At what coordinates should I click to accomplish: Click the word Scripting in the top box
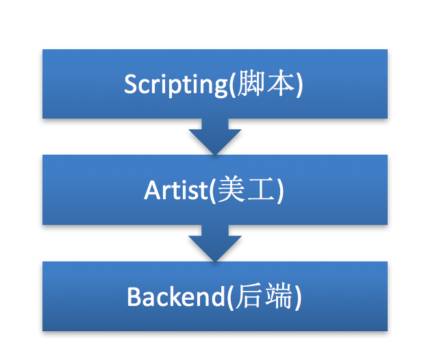click(176, 85)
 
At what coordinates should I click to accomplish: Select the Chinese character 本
click(280, 83)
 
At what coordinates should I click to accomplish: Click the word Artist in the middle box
click(176, 190)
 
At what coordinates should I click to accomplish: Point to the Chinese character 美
click(231, 189)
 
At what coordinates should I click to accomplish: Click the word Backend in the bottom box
click(176, 296)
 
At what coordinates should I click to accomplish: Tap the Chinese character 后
click(249, 295)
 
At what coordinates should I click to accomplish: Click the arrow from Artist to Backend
click(215, 243)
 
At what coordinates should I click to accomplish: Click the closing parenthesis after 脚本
click(299, 84)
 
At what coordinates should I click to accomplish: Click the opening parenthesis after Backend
click(230, 296)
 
